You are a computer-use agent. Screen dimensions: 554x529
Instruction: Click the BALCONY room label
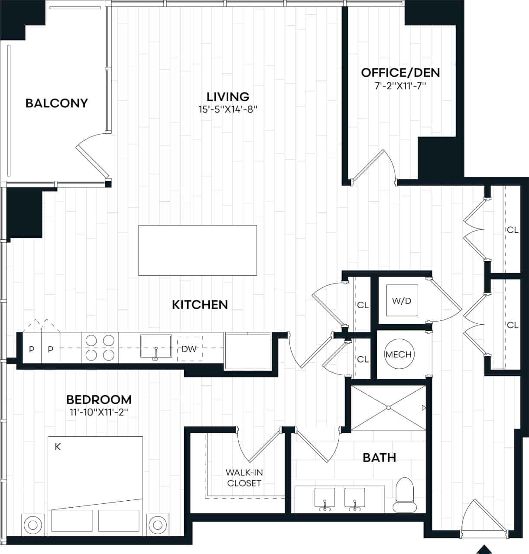(57, 103)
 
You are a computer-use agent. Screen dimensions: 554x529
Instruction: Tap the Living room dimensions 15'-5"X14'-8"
(228, 110)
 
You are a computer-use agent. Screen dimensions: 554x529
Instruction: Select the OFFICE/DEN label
(400, 73)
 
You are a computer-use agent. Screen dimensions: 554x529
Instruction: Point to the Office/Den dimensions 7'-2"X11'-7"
(400, 86)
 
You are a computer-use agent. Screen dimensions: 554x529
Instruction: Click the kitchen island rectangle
(198, 250)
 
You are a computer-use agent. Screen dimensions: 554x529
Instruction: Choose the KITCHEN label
(200, 305)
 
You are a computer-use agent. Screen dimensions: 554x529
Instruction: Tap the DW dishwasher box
(189, 348)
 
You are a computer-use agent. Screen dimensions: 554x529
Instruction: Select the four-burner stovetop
(100, 348)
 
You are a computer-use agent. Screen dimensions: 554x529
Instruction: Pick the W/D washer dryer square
(402, 301)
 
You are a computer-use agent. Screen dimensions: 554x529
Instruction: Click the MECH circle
(399, 354)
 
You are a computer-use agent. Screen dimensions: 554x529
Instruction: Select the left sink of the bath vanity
(325, 498)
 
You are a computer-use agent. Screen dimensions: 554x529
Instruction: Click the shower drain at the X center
(389, 407)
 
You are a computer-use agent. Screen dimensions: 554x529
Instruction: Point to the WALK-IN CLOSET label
(244, 478)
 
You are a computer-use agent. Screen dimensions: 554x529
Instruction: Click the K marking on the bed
(58, 447)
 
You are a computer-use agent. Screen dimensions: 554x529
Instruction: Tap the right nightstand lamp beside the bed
(158, 525)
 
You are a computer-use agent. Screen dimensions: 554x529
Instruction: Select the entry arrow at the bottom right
(484, 549)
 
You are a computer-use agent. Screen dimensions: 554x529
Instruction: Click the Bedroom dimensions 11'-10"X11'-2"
(99, 412)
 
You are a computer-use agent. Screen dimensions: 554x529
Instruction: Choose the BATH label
(379, 457)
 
